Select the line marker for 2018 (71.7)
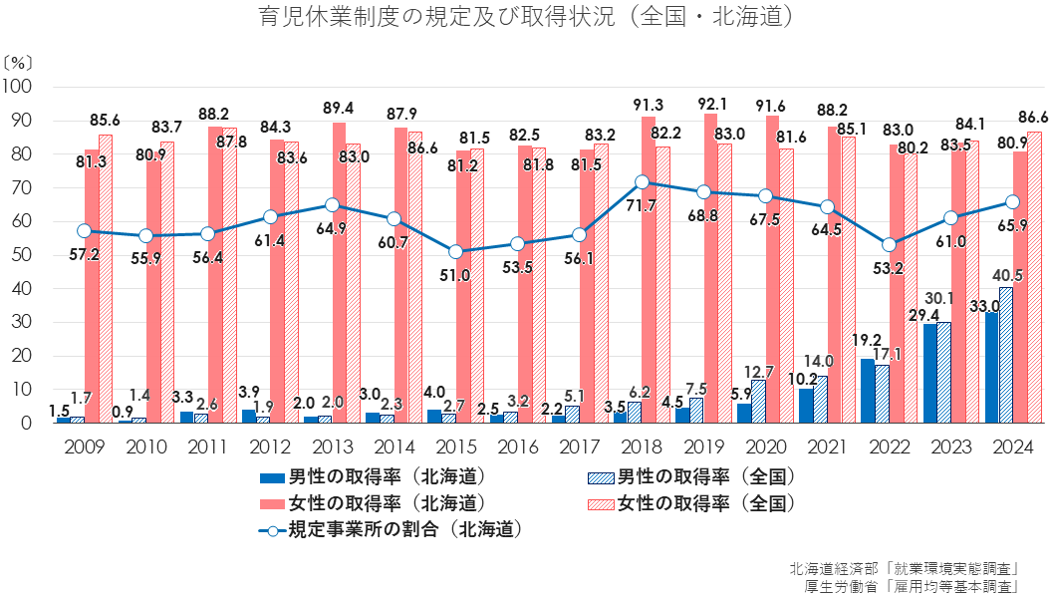pos(643,182)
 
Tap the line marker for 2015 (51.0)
pos(456,252)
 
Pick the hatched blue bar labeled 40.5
pos(1006,355)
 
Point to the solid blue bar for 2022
pos(868,391)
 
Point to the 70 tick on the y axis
pos(21,188)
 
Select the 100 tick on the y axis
pos(18,88)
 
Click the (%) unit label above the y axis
pos(17,62)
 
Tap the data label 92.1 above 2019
pos(710,104)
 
